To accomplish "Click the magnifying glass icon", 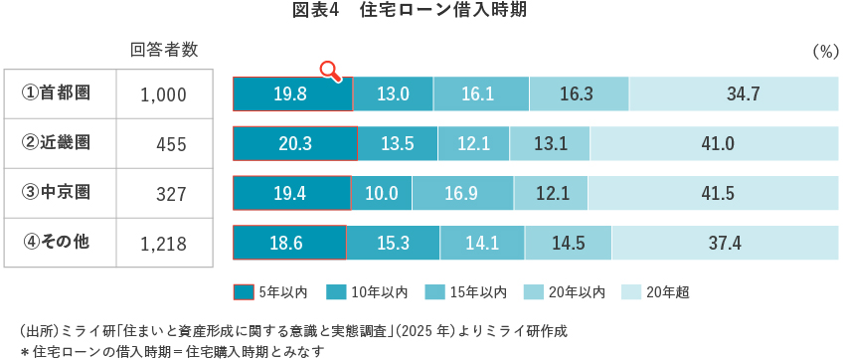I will [330, 70].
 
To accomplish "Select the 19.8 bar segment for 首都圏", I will [292, 94].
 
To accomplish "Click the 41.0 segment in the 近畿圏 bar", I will [717, 143].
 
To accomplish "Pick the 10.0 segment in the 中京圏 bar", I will [381, 192].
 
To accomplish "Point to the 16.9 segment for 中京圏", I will [460, 192].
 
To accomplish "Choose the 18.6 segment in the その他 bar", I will [289, 242].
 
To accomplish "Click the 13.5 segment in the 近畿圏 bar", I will [397, 143].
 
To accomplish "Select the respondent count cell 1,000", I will [163, 94].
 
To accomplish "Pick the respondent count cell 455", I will [171, 144].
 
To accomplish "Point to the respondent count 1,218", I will [163, 242].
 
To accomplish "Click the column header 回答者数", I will [164, 50].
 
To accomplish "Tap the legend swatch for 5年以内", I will [243, 292].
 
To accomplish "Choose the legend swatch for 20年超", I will [631, 292].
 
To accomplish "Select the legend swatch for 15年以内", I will [435, 292].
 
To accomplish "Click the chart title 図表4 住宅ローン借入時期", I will [422, 11].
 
